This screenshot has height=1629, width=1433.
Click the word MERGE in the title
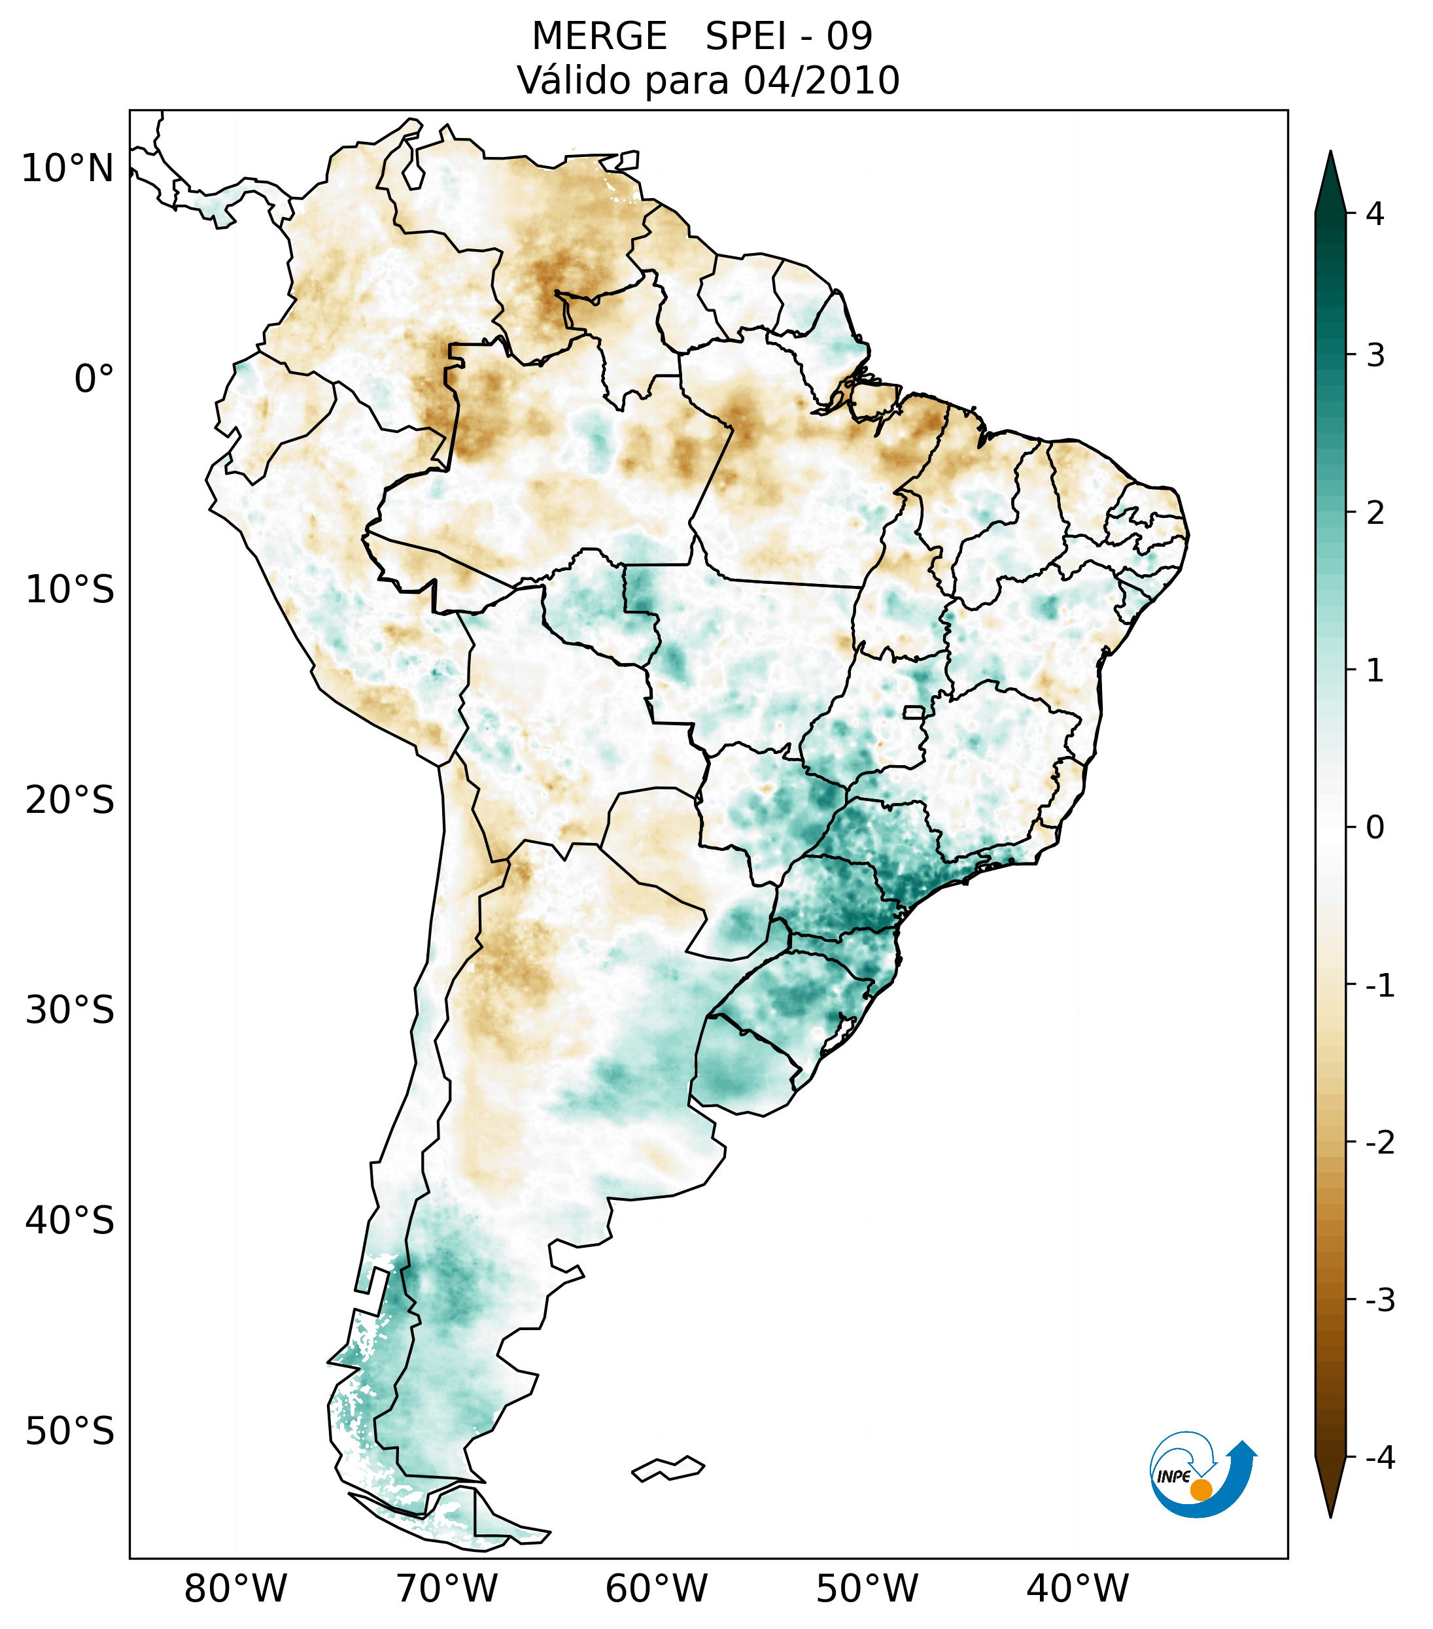pos(598,37)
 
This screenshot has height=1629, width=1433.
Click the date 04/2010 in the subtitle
pos(821,81)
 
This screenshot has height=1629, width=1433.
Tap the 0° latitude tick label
pos(94,379)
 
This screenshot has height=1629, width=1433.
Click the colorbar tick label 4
pos(1374,214)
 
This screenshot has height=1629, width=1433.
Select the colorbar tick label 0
pos(1374,828)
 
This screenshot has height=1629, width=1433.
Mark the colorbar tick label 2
pos(1374,513)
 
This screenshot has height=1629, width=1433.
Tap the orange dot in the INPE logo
pos(1200,1489)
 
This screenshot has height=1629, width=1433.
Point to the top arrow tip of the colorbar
pos(1330,153)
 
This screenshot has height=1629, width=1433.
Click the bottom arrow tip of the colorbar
pos(1330,1516)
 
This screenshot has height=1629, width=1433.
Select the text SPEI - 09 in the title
pos(789,37)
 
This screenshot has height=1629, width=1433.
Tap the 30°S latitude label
pos(70,1010)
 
